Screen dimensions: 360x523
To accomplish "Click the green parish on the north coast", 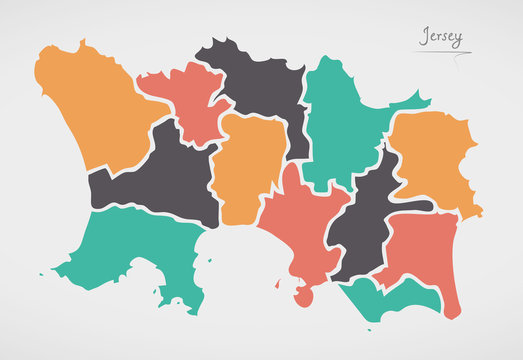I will point(340,120).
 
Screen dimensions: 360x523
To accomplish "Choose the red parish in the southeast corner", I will point(418,250).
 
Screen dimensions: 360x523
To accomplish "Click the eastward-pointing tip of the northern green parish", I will point(426,100).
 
